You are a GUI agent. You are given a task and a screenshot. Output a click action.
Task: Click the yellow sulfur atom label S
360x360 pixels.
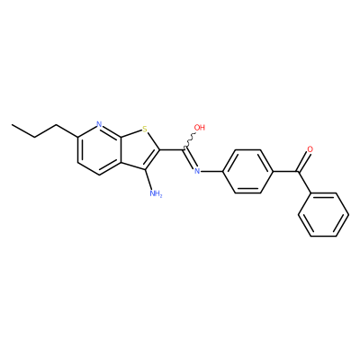tap(145, 130)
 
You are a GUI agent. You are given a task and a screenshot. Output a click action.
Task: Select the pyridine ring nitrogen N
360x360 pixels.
tap(100, 124)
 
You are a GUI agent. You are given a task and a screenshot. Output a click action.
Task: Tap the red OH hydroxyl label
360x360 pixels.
tap(200, 128)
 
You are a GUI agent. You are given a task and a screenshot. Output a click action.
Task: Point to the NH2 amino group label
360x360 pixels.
tap(156, 193)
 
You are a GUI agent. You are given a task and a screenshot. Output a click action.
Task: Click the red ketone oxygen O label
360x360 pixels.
tap(310, 148)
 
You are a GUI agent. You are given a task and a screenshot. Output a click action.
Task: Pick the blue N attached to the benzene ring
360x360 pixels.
tap(197, 171)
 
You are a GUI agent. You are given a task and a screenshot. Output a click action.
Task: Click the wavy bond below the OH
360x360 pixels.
tap(189, 140)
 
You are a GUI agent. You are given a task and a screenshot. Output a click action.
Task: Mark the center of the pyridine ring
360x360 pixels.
tap(99, 149)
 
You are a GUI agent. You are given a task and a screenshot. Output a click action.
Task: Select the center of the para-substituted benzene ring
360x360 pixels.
tap(247, 171)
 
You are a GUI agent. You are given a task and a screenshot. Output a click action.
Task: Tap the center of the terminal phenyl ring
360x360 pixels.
tap(323, 215)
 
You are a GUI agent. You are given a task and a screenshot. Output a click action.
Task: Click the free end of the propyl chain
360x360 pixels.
tap(12, 124)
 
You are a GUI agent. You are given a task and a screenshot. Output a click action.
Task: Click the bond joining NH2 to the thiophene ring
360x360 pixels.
tap(149, 179)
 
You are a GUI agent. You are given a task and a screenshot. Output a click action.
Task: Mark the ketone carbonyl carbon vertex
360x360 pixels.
tap(298, 171)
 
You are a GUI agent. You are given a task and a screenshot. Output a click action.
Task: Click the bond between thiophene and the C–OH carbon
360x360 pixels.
tap(172, 149)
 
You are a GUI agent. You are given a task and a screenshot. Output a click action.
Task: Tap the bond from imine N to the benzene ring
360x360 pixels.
tap(211, 171)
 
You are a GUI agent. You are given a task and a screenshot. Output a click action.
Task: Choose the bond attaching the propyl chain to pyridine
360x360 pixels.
tap(67, 130)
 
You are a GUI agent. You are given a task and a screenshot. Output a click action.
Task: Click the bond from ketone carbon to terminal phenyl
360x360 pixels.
tap(304, 182)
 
